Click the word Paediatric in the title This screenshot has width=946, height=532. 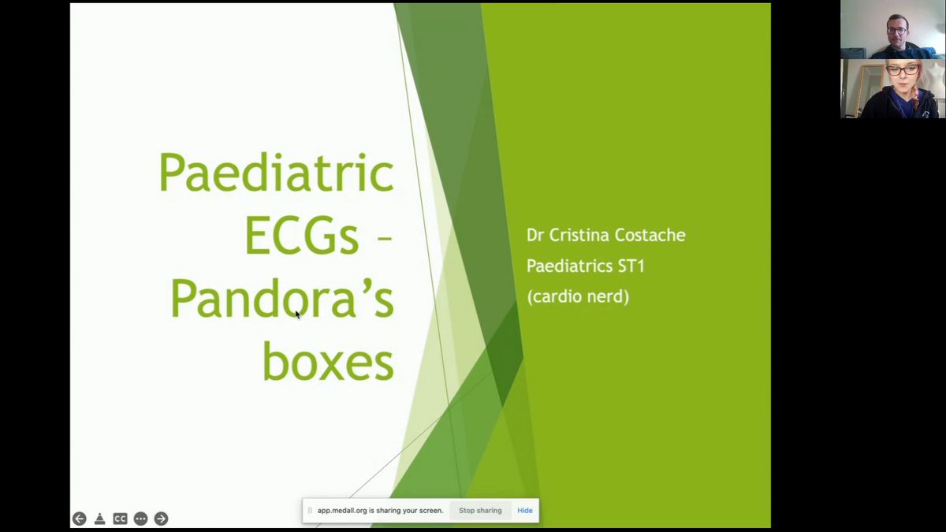(276, 173)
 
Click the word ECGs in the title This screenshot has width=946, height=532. (301, 235)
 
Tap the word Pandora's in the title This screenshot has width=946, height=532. (282, 298)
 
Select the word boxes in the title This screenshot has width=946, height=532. (328, 362)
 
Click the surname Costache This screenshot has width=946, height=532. (650, 235)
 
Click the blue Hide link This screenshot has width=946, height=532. (524, 511)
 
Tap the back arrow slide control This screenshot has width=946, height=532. (80, 519)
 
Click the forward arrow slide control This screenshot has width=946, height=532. (161, 519)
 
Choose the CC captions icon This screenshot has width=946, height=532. (120, 519)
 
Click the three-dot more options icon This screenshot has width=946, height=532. (140, 519)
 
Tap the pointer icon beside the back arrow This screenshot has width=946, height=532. (99, 519)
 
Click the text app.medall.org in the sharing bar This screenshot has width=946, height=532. (342, 511)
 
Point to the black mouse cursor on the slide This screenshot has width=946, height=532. (297, 314)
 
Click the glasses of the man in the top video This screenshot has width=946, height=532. (896, 31)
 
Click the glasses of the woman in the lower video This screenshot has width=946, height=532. (902, 70)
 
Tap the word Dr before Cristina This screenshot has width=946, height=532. (534, 235)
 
